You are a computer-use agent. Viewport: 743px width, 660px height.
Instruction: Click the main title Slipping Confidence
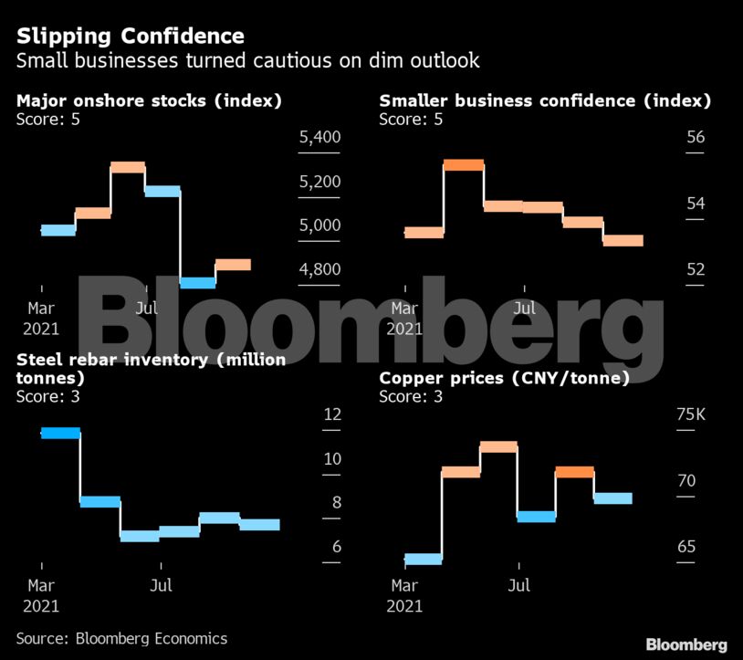[x=131, y=37]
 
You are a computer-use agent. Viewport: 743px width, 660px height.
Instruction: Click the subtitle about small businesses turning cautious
[x=247, y=62]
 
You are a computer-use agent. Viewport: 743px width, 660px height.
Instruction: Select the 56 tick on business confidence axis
[x=696, y=138]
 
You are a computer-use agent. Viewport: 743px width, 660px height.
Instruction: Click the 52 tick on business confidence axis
[x=696, y=270]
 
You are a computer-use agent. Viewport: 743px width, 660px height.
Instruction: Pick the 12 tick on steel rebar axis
[x=332, y=415]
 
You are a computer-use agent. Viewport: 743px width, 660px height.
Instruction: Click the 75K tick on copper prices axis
[x=690, y=415]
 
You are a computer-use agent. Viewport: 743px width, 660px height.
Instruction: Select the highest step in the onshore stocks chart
[x=128, y=167]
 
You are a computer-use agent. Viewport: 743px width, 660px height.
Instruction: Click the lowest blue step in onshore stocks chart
[x=197, y=282]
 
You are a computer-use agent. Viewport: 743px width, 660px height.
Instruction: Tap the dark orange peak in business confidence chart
[x=464, y=165]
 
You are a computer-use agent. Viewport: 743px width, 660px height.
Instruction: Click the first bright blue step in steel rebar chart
[x=60, y=433]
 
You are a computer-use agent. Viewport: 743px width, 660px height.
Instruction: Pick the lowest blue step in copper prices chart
[x=423, y=559]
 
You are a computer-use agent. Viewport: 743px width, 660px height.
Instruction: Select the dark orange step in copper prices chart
[x=574, y=472]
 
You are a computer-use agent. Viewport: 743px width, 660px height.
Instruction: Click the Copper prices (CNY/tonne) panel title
[x=504, y=378]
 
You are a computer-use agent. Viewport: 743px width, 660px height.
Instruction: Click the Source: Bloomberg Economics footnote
[x=121, y=639]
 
